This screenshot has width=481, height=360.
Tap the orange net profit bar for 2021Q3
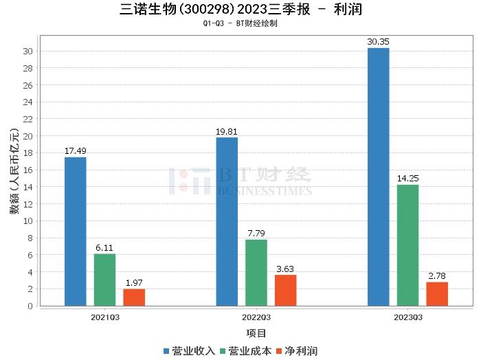point(134,297)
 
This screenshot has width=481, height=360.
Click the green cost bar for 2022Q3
point(256,273)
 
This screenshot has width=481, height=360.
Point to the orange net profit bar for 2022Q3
point(286,290)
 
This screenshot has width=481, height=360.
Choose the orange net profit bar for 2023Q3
point(437,294)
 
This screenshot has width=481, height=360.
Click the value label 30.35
point(378,42)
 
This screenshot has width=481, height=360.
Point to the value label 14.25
point(407,179)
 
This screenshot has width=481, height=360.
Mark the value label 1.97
point(134,283)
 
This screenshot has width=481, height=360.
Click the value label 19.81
point(227,131)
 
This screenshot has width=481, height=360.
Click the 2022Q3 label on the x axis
point(256,317)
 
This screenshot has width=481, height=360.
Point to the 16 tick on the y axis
point(27,170)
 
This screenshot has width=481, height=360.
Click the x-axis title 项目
point(256,333)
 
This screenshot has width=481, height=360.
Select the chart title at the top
point(240,10)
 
